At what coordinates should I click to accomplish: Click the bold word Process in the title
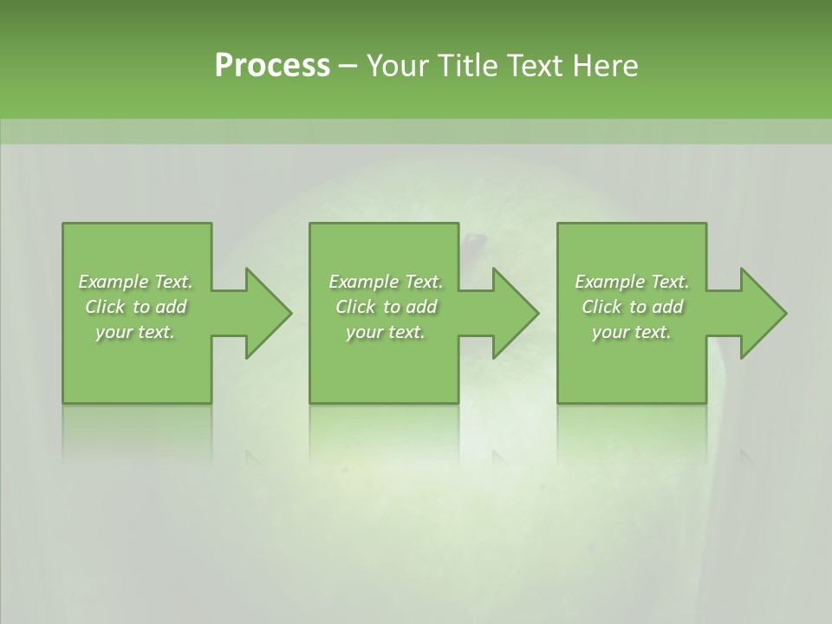[272, 66]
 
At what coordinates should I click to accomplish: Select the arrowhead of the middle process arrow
[515, 313]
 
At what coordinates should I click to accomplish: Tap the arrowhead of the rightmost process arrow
[763, 313]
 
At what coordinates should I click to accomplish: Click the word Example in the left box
[114, 282]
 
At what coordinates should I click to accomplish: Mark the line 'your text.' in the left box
[135, 332]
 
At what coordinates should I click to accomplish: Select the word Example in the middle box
[364, 282]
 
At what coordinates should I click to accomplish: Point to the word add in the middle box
[421, 307]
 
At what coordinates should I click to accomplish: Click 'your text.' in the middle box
[385, 332]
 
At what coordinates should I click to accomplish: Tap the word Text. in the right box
[668, 282]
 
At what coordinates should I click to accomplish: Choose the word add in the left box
[171, 307]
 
